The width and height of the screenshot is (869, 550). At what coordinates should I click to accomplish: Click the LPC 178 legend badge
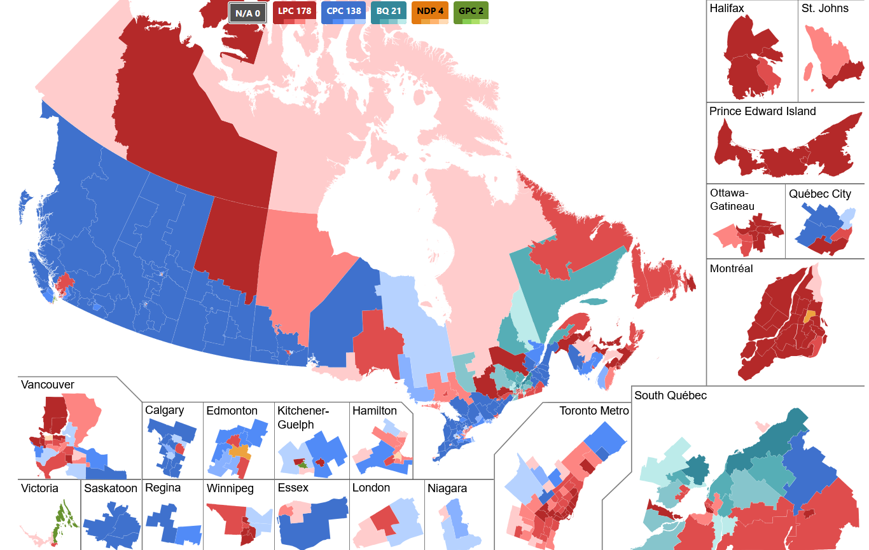click(294, 11)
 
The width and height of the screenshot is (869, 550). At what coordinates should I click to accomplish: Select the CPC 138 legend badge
click(344, 11)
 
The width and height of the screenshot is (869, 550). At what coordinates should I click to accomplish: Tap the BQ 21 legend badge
click(389, 11)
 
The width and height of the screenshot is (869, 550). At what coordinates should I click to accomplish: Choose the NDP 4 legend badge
click(431, 11)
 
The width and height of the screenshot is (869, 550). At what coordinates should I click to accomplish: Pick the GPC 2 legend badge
click(471, 11)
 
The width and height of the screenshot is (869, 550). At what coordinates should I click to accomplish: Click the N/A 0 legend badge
click(247, 12)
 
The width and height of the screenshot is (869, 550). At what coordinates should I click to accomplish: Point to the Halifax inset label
click(728, 8)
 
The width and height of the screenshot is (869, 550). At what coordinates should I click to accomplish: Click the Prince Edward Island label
click(762, 111)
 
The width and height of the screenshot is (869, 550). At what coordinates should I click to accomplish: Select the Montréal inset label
click(731, 268)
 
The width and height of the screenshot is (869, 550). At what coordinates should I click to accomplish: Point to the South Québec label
click(670, 395)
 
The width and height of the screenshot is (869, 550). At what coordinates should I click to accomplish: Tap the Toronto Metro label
click(594, 411)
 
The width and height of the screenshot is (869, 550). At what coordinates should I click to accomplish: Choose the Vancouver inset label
click(47, 385)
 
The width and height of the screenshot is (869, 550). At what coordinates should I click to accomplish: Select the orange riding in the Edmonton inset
click(240, 452)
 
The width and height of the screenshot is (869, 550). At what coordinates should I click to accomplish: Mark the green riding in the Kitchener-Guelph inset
click(303, 464)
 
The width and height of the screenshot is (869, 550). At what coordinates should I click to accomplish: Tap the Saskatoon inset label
click(111, 488)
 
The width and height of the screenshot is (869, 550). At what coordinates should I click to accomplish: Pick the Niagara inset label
click(447, 488)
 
